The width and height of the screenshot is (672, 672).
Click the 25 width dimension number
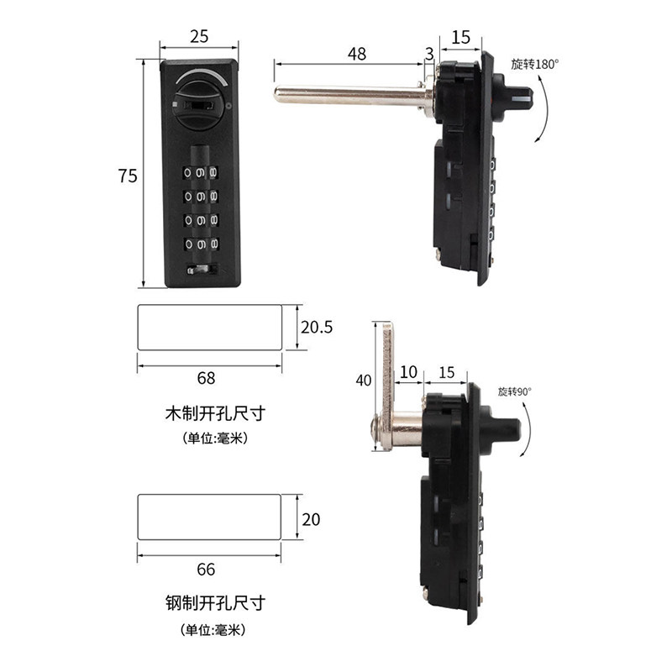[x=199, y=36]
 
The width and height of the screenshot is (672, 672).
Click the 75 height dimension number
[x=128, y=176]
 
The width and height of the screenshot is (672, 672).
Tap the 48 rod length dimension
[x=357, y=54]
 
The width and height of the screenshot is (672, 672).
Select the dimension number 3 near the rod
[x=429, y=54]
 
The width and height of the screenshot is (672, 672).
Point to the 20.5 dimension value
[x=317, y=328]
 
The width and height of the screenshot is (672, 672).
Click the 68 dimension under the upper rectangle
[x=206, y=378]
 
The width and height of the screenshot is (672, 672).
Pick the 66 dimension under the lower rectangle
[x=206, y=570]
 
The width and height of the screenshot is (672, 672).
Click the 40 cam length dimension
[x=364, y=381]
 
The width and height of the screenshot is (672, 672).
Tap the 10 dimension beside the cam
[x=408, y=372]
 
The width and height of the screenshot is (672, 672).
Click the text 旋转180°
[x=535, y=65]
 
